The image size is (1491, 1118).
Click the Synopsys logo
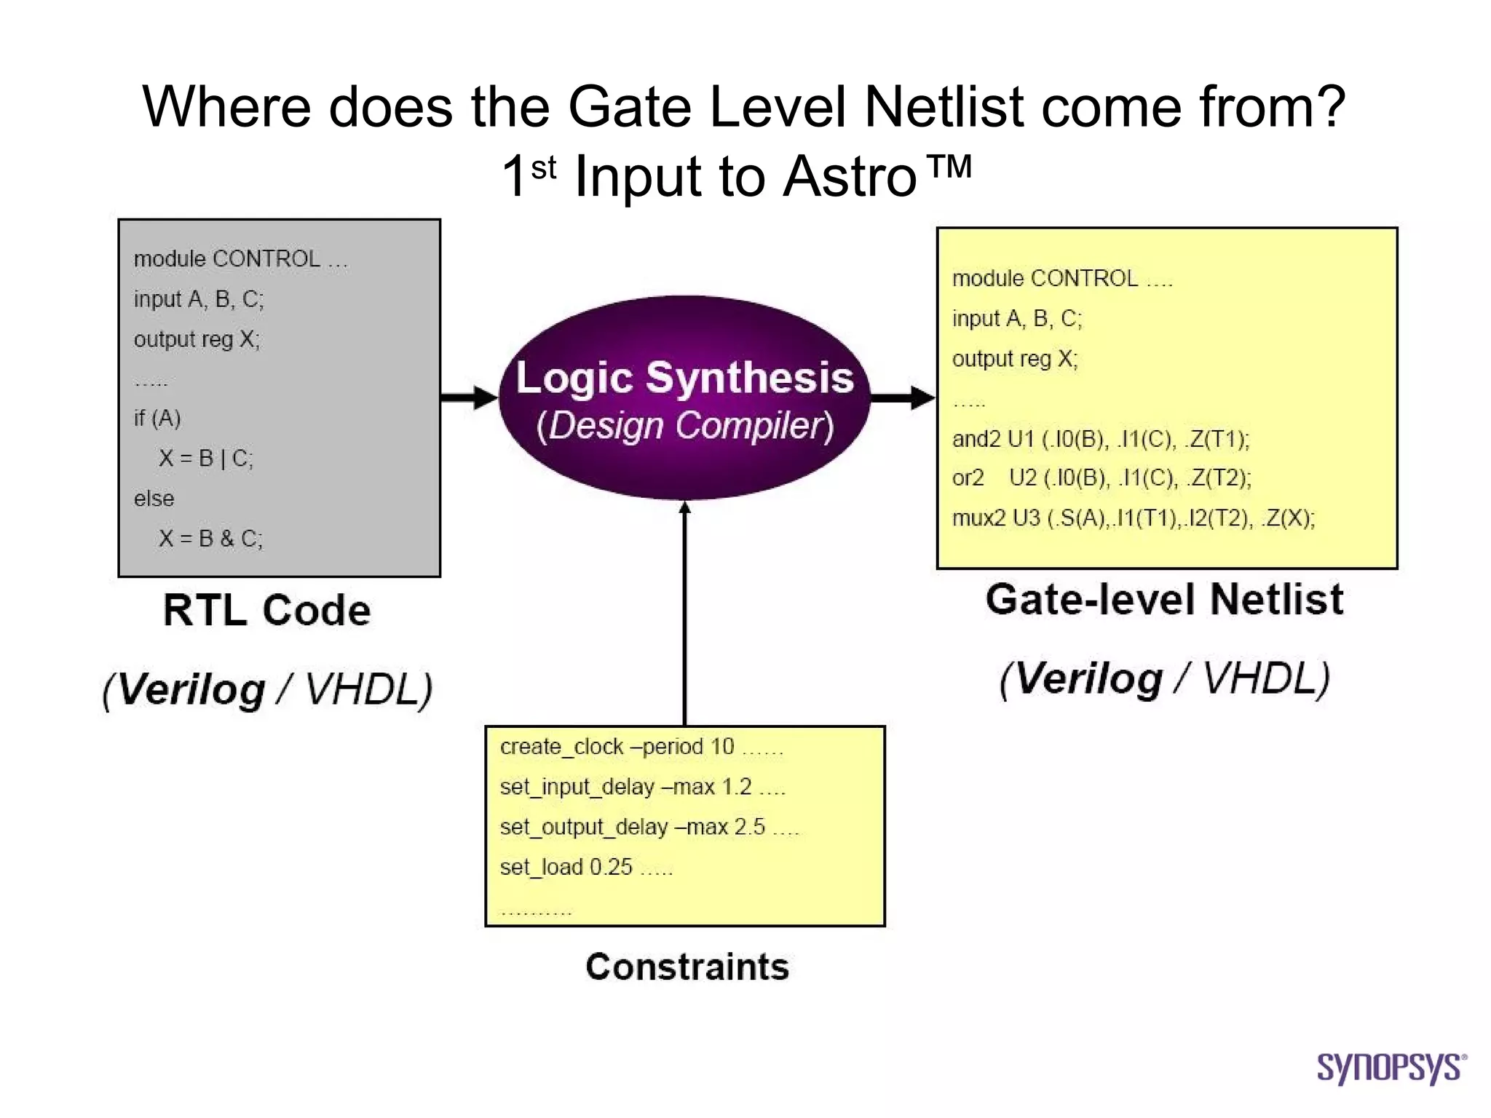1391,1068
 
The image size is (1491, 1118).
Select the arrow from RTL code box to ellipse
469,397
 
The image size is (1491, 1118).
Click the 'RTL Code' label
266,610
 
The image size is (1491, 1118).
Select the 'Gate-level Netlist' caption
1164,600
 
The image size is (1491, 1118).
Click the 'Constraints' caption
687,967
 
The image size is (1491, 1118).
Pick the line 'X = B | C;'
206,459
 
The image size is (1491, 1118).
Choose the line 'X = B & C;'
210,539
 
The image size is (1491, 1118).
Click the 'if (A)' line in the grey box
157,419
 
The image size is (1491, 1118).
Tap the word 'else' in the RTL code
154,499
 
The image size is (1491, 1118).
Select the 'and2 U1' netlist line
1100,439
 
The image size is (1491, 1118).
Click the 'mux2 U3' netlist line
1133,518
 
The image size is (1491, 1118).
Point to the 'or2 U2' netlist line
1101,478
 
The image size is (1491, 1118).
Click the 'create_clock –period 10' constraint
617,747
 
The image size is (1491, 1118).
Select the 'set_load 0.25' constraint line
566,867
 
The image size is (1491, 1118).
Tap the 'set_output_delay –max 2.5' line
632,827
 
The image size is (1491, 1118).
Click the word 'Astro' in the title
850,177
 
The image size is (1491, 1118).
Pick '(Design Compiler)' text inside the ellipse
684,426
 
